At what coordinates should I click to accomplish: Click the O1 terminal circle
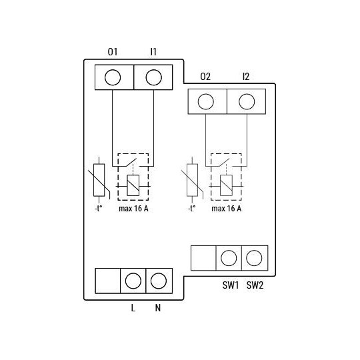click(113, 77)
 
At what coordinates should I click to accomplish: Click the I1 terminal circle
click(153, 77)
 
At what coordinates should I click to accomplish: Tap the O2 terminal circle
click(206, 101)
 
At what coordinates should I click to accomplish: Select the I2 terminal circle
click(247, 101)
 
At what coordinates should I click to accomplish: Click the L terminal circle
click(133, 280)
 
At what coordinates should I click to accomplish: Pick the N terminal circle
click(158, 280)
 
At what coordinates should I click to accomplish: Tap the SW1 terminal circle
click(229, 257)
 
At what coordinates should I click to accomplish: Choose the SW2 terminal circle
click(254, 257)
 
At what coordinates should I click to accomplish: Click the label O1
click(113, 51)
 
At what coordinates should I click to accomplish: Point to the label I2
click(247, 77)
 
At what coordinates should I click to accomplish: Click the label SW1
click(230, 285)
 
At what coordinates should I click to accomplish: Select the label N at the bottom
click(158, 308)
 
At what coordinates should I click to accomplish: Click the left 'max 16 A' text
click(133, 209)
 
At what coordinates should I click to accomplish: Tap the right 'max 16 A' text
click(227, 209)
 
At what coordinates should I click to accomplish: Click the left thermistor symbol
click(99, 179)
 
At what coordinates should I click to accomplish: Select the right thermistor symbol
click(192, 179)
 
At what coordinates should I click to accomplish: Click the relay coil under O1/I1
click(133, 185)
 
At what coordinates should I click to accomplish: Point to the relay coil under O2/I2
click(226, 185)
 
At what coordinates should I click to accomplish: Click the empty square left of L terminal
click(107, 280)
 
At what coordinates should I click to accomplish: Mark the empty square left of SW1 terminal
click(203, 257)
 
